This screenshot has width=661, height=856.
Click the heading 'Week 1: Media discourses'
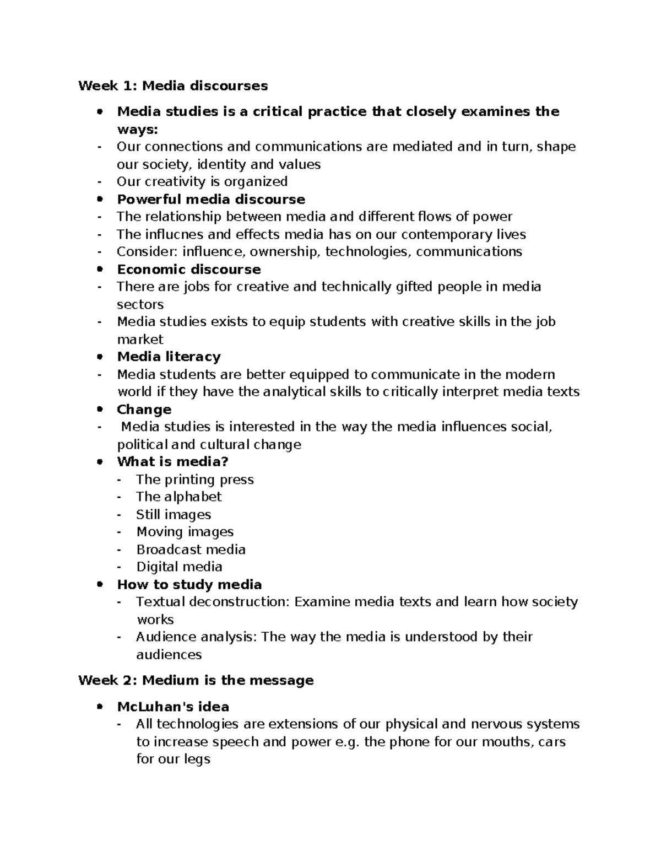coord(173,85)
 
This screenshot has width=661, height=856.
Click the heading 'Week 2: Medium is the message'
coord(196,680)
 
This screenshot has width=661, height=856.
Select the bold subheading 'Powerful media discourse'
coord(211,199)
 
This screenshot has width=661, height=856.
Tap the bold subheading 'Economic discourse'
coord(189,269)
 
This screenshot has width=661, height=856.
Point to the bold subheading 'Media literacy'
coord(169,357)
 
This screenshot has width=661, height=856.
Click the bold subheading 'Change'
coord(144,410)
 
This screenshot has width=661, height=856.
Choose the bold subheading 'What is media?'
coord(172,461)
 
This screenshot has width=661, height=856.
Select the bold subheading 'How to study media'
coord(189,584)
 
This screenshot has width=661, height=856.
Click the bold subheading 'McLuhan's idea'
coord(173,707)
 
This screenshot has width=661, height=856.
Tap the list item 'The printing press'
coord(195,480)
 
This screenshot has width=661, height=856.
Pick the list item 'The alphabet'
coord(178,497)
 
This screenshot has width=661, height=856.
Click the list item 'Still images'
coord(174,514)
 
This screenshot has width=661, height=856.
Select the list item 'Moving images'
coord(185,532)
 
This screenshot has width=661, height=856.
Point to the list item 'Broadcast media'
coord(191,550)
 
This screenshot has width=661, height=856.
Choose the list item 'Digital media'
coord(179,567)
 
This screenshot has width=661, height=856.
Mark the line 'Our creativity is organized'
coord(202,181)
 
